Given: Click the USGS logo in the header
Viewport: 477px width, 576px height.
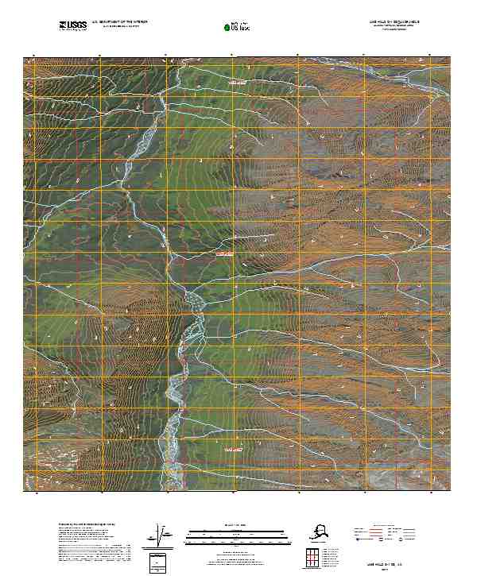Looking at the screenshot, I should (73, 25).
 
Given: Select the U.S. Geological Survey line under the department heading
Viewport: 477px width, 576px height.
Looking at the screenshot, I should (119, 26).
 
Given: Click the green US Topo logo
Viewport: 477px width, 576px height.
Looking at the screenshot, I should (238, 27).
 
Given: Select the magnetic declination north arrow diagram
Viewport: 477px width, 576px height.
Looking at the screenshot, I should (161, 538).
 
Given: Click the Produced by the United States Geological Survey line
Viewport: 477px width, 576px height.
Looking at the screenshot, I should (87, 525).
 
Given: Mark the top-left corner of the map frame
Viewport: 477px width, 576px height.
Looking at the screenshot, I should (24, 57).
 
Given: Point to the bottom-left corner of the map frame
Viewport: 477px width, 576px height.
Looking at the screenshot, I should (24, 490).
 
